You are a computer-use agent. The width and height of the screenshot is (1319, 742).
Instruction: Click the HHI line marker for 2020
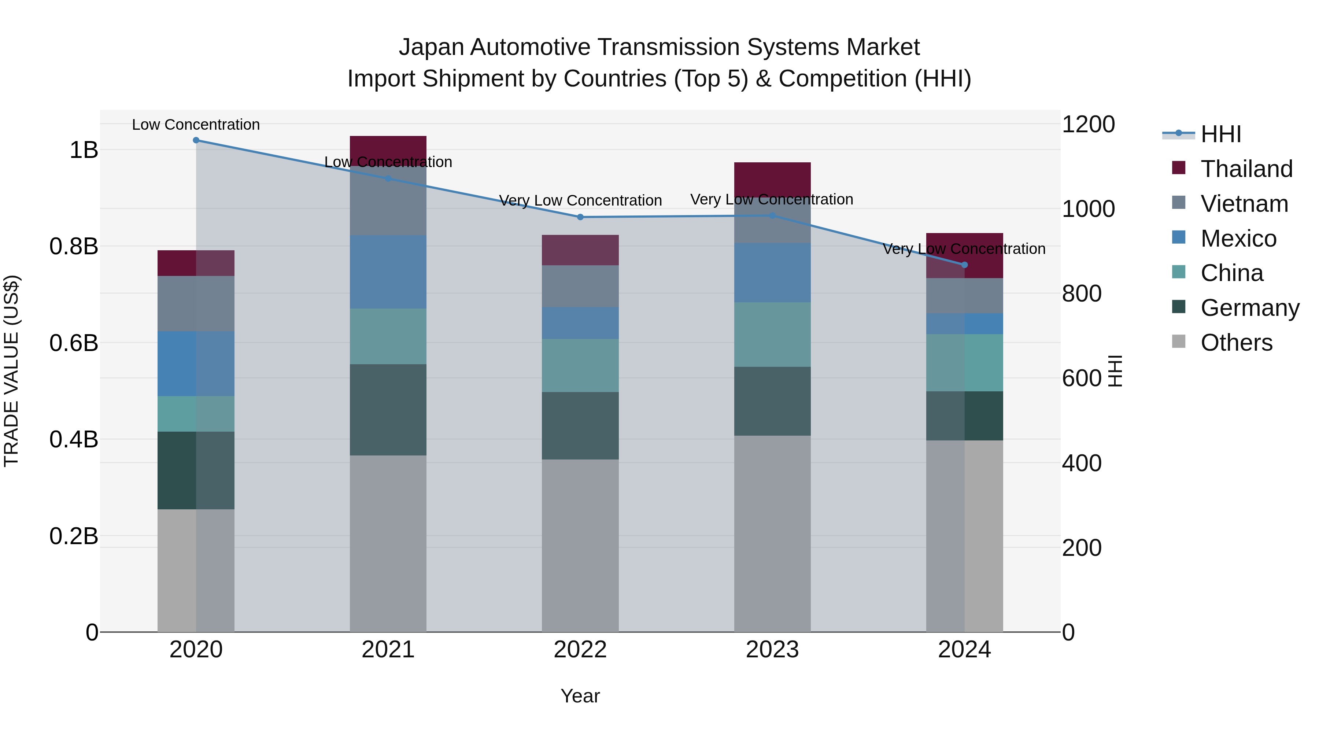(196, 140)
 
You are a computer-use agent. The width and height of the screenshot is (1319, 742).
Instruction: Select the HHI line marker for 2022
(580, 217)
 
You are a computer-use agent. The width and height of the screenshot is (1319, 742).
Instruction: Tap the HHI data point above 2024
(965, 265)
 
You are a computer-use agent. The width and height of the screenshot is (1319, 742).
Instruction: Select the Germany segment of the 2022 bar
(580, 425)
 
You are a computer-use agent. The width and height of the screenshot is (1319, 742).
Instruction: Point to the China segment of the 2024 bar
(965, 362)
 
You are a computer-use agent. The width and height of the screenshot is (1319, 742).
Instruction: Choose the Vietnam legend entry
(1244, 204)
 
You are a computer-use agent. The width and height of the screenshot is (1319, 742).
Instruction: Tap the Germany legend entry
(1249, 308)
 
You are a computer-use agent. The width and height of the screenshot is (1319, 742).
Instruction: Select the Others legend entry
(1236, 343)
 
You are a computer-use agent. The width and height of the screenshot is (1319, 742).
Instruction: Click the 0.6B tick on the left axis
(74, 343)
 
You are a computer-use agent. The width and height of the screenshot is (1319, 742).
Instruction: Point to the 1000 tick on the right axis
(1088, 209)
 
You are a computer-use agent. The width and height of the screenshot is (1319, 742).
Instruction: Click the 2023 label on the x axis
(772, 650)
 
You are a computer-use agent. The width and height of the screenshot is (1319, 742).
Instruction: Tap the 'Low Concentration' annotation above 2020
(196, 125)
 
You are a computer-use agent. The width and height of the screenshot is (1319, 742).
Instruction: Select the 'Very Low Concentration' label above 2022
(580, 200)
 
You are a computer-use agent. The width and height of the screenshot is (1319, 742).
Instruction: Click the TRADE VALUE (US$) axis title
(11, 371)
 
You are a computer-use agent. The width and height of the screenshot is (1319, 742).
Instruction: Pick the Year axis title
(580, 696)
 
